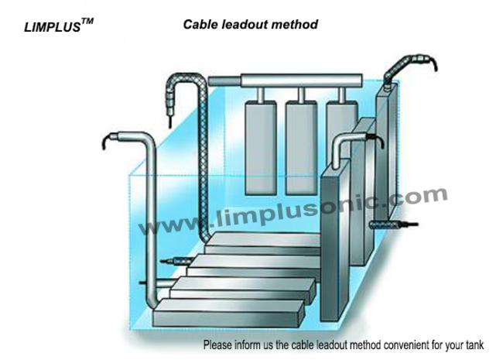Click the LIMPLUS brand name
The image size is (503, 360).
pyautogui.click(x=53, y=27)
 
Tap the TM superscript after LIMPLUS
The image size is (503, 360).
pyautogui.click(x=87, y=22)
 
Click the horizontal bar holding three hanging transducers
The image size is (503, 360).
pyautogui.click(x=286, y=81)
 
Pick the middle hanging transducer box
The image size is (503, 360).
pyautogui.click(x=301, y=148)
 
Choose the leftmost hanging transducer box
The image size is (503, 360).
pyautogui.click(x=261, y=148)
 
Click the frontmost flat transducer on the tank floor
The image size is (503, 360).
pyautogui.click(x=228, y=313)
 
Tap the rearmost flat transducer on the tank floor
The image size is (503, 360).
pyautogui.click(x=263, y=243)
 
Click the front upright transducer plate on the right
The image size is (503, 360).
pyautogui.click(x=335, y=240)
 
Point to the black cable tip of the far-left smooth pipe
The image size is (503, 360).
pyautogui.click(x=107, y=142)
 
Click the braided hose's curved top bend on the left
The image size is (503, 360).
pyautogui.click(x=185, y=81)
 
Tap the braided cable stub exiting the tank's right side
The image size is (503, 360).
pyautogui.click(x=393, y=225)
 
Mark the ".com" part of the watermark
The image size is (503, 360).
pyautogui.click(x=419, y=196)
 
